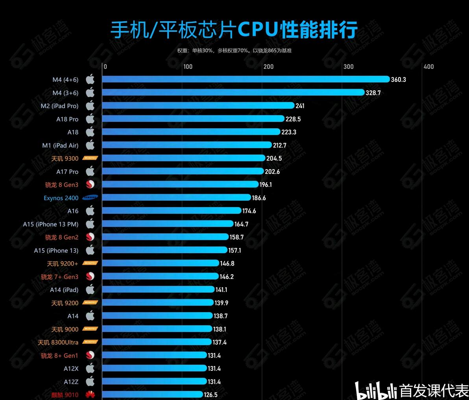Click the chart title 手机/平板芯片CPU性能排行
tap(234, 30)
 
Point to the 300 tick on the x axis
tap(349, 66)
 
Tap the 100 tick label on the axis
tap(188, 66)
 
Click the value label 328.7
tap(373, 93)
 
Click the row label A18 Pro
tap(67, 119)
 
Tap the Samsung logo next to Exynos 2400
tap(90, 198)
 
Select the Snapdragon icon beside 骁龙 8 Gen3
tap(90, 184)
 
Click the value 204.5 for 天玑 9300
tap(274, 159)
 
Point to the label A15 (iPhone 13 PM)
tap(51, 224)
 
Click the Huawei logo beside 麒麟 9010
tap(90, 395)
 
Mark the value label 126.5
tap(210, 395)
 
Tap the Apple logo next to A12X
tap(90, 369)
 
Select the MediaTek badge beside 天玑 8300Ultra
tap(90, 342)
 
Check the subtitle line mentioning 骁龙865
tap(234, 50)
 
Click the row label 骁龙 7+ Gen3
tap(60, 277)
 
